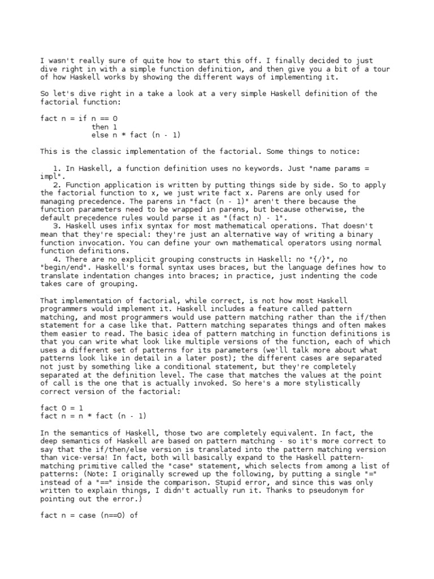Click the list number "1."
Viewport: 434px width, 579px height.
pos(57,168)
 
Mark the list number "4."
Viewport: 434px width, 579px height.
pos(57,259)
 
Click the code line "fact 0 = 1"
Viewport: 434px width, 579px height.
pos(62,408)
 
